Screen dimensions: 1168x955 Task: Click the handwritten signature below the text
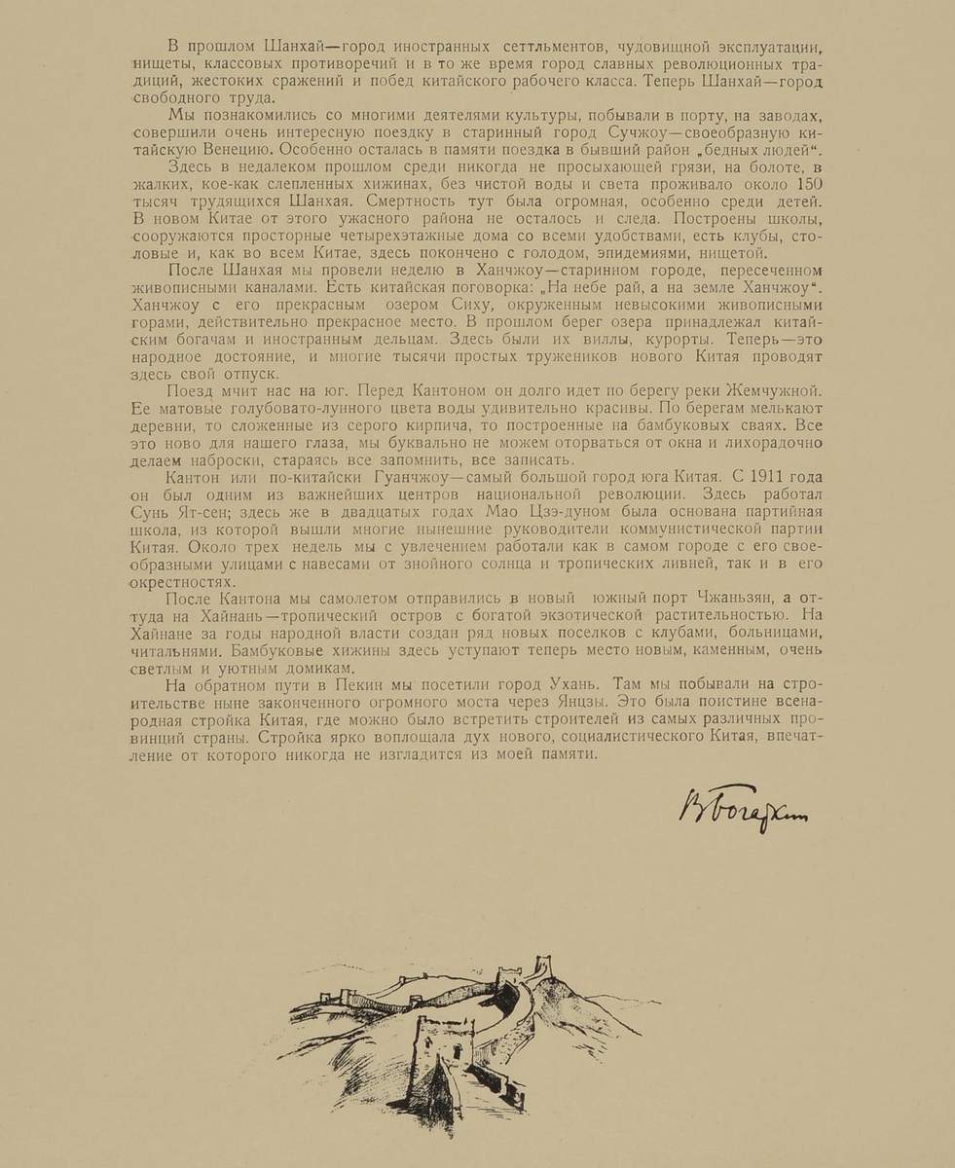pos(743,803)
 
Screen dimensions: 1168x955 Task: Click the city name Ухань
pos(579,684)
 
